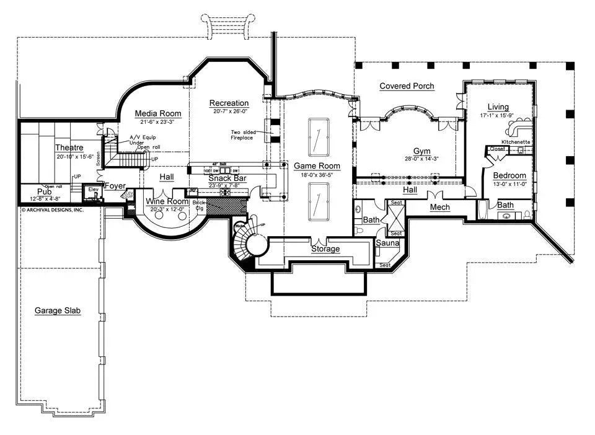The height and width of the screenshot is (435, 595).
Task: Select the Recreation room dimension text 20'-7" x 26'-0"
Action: click(x=229, y=112)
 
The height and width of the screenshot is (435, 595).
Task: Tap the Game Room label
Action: click(x=317, y=166)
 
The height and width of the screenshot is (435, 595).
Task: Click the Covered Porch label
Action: click(x=407, y=86)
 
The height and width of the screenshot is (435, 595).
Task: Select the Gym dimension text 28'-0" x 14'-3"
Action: click(x=423, y=159)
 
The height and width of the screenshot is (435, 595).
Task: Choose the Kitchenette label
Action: click(x=516, y=142)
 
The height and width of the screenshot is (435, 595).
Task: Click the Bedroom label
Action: click(x=509, y=175)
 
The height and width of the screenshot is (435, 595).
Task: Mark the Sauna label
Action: click(x=387, y=244)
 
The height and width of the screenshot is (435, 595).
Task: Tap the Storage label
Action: click(x=325, y=249)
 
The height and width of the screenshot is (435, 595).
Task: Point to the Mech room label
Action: click(x=439, y=207)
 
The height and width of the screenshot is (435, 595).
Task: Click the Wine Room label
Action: click(x=167, y=201)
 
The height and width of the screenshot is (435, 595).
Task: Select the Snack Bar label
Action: click(x=227, y=178)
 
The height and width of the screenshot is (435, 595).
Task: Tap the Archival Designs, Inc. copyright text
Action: click(x=53, y=209)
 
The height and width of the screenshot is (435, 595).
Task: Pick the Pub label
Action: click(x=44, y=191)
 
